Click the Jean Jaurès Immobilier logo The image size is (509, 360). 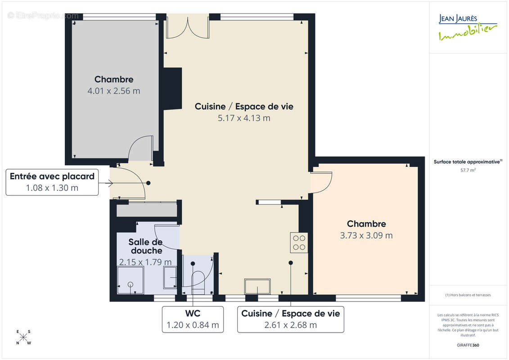(x=468, y=27)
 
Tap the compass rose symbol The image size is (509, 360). (x=23, y=337)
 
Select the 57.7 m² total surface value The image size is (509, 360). (x=468, y=171)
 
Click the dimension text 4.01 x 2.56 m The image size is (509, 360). (x=114, y=91)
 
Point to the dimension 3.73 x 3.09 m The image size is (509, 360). (x=366, y=235)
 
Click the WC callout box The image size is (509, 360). (x=193, y=319)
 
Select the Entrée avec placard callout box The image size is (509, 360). (x=52, y=182)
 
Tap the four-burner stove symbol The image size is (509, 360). (x=299, y=242)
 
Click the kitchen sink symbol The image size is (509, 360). (x=257, y=286)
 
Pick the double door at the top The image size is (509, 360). (x=188, y=27)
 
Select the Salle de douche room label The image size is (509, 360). (x=145, y=246)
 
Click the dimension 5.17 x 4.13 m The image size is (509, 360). (x=244, y=118)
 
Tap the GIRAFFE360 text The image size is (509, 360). (x=468, y=345)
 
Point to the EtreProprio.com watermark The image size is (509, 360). (x=43, y=16)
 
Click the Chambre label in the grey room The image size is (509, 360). (x=114, y=79)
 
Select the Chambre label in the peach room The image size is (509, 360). (x=366, y=224)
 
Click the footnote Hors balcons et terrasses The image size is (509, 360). (x=468, y=295)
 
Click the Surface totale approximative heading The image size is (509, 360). (x=468, y=162)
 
